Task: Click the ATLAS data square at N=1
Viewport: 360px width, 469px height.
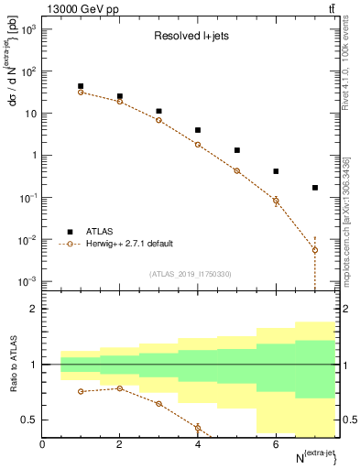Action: coord(81,86)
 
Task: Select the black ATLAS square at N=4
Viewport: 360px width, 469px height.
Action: coord(198,130)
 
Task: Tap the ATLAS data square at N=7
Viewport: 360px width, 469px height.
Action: coord(315,188)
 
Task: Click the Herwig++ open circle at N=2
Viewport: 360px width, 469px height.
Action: coord(120,102)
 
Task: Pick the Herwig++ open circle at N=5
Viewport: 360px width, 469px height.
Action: coord(237,170)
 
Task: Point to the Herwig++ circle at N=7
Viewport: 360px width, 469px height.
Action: coord(315,249)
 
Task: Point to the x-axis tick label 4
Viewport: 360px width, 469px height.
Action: coord(198,444)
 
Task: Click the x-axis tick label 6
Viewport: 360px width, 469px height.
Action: coord(276,444)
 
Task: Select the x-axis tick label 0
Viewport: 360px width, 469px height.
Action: coord(42,444)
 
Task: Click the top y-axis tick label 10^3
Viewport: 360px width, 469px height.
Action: coord(27,30)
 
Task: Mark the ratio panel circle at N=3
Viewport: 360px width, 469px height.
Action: coord(158,404)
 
